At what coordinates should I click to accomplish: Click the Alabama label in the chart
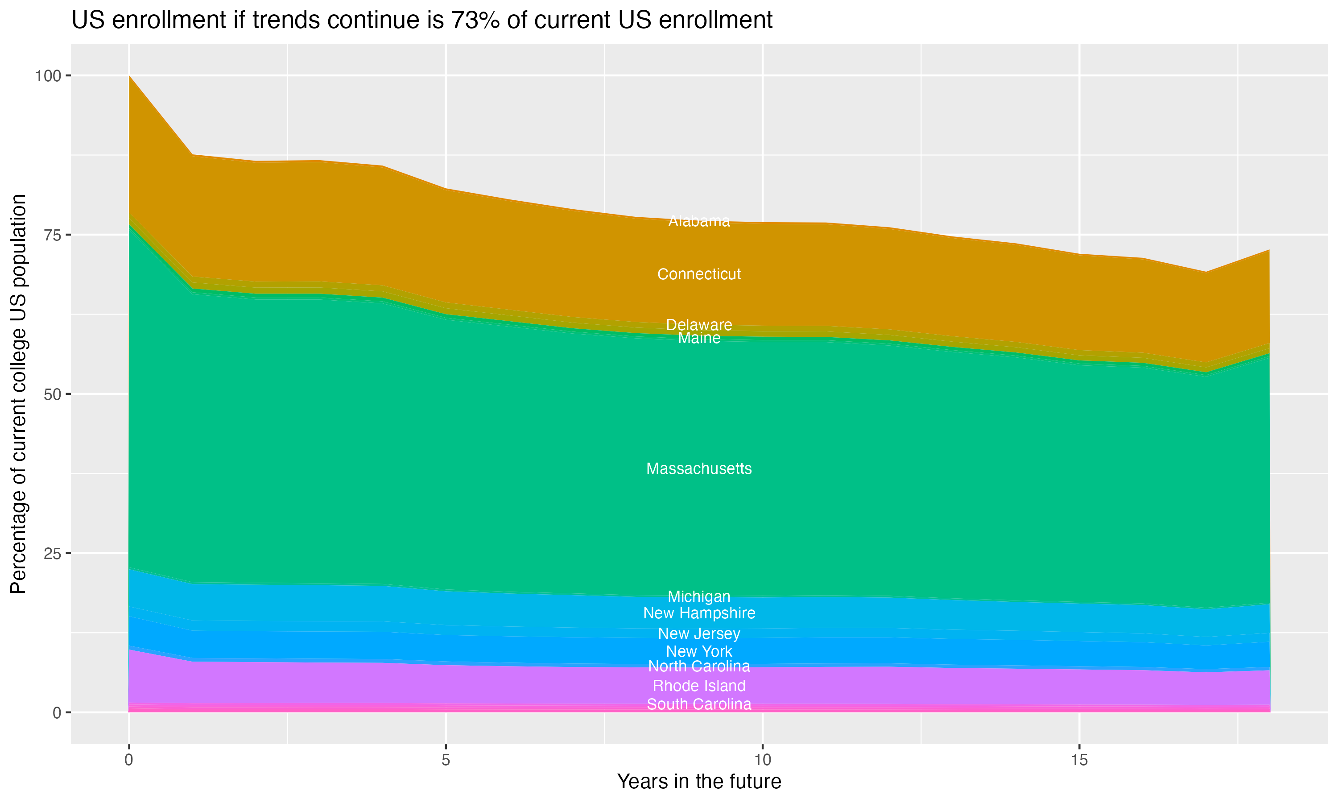coord(699,221)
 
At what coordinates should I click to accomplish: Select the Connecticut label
coord(699,274)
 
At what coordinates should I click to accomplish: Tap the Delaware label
coord(699,325)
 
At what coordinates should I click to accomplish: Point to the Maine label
coord(699,338)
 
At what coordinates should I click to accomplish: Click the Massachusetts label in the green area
coord(699,468)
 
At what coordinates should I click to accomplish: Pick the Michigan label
coord(699,596)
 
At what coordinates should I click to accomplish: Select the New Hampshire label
coord(699,613)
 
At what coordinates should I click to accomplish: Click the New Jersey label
coord(699,633)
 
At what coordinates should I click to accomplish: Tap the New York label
coord(699,651)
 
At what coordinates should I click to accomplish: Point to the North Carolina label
coord(699,666)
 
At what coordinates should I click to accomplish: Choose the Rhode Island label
coord(699,686)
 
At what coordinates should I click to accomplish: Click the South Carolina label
coord(699,704)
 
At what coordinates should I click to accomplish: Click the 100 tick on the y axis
coord(48,76)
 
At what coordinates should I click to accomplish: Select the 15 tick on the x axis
coord(1079,760)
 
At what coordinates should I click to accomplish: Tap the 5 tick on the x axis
coord(446,760)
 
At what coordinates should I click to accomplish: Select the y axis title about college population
coord(18,394)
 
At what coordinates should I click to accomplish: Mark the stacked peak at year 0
coord(129,76)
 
